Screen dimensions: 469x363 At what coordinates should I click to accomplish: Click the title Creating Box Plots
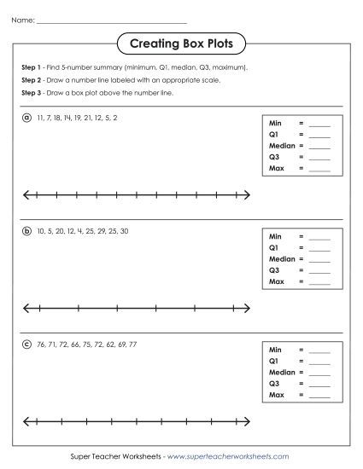pyautogui.click(x=181, y=43)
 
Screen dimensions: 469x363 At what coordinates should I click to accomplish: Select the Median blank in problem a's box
pyautogui.click(x=319, y=147)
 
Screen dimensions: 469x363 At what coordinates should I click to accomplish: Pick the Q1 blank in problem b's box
pyautogui.click(x=319, y=248)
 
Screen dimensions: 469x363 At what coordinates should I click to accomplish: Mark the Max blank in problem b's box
pyautogui.click(x=319, y=281)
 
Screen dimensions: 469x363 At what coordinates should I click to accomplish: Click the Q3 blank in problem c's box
pyautogui.click(x=319, y=384)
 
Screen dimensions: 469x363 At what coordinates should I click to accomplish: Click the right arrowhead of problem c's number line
pyautogui.click(x=248, y=420)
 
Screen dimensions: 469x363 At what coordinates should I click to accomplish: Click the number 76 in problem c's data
pyautogui.click(x=41, y=344)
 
